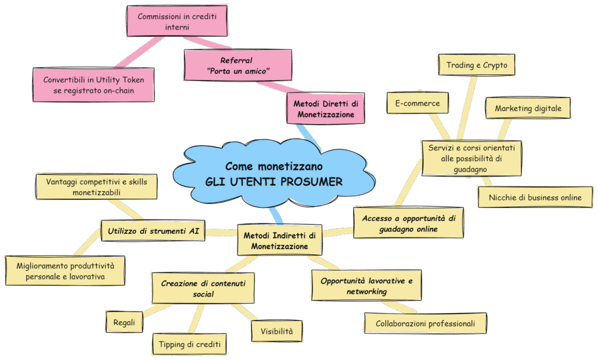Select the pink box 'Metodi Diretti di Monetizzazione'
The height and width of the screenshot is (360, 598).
[326, 109]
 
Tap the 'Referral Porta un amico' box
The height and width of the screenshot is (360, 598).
[237, 66]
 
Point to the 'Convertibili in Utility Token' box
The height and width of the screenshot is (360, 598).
[93, 85]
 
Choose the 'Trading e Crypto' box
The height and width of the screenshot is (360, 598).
[477, 66]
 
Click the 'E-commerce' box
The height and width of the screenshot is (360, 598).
[417, 104]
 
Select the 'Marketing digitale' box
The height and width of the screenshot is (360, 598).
[528, 109]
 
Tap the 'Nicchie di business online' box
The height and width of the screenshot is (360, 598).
[535, 197]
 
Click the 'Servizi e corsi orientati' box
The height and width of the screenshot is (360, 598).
[471, 158]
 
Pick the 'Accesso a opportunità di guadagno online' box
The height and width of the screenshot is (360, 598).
[408, 223]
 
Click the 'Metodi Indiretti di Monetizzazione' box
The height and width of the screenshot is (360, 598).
[279, 241]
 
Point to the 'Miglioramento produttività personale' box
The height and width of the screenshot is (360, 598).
[65, 271]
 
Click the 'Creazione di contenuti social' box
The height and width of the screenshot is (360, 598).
[203, 288]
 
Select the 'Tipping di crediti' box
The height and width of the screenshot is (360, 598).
[189, 344]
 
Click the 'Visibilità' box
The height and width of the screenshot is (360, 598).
[277, 332]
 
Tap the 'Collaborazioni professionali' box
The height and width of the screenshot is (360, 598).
[426, 323]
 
